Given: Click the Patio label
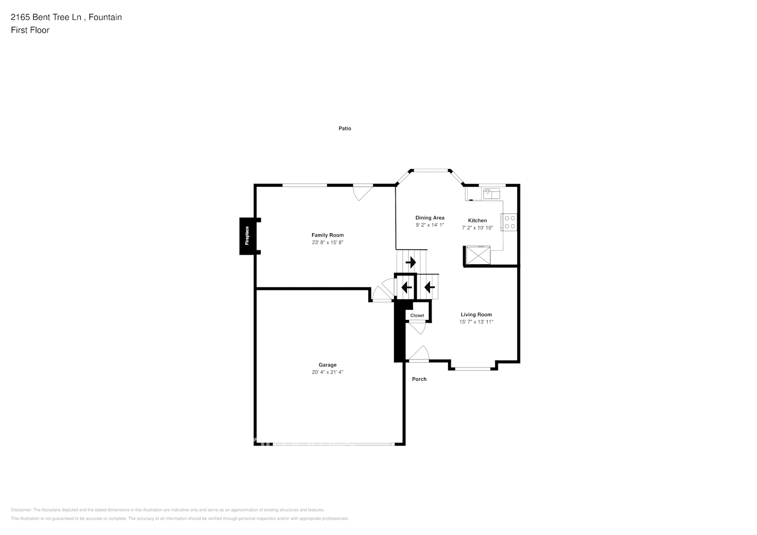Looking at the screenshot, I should pos(345,128).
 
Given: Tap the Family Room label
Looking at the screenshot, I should pos(328,235).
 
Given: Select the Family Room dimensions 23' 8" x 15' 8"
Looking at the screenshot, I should pos(328,242).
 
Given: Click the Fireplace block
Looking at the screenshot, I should pos(247,236).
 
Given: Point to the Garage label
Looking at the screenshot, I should pos(328,365).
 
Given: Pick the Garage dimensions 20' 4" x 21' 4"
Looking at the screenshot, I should pos(328,372).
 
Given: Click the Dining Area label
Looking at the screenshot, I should pos(430,218).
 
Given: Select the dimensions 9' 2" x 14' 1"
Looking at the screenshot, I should pos(430,225).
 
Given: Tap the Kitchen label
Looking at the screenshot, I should pos(478,220).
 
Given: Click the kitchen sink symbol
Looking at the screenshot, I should pos(491,193).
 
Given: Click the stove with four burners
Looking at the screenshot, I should pos(509,222).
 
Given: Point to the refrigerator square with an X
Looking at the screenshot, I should pos(477,255).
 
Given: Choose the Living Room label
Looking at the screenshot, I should pos(476,315).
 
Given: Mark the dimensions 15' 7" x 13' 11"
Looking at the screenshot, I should pos(476,322).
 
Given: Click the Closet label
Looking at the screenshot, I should pos(417,316).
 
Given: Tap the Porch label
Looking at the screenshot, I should pos(419,379).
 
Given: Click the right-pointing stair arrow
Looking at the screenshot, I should pos(411,263).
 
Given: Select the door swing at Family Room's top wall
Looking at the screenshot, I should pos(362,192).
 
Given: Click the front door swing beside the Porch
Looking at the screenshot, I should pos(419,354).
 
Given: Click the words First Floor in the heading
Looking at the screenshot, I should pos(30,30).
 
